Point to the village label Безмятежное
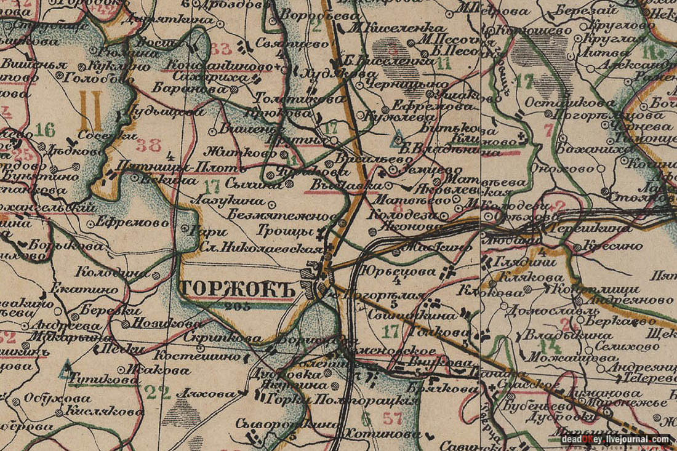pyautogui.click(x=280, y=215)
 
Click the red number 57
pyautogui.click(x=392, y=420)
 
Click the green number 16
pyautogui.click(x=45, y=129)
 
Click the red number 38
pyautogui.click(x=148, y=145)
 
